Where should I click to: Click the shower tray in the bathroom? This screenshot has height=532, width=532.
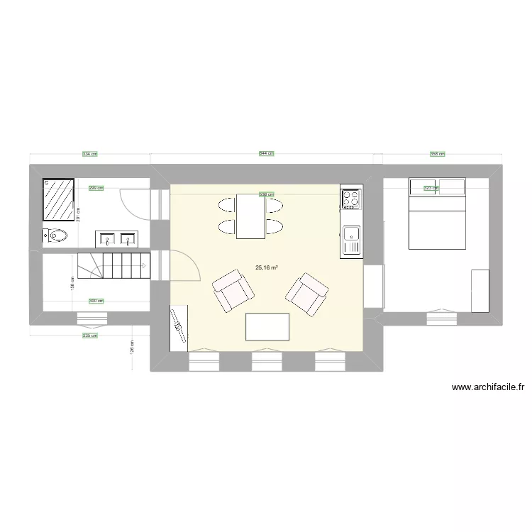pos(59,196)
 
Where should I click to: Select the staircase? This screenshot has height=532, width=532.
pos(113,268)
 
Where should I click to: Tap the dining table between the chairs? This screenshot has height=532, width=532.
pos(250,216)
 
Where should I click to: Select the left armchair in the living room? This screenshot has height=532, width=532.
pos(233,291)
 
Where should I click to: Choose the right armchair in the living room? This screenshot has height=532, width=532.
pos(306,292)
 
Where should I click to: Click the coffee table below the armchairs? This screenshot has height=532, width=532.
pos(267,326)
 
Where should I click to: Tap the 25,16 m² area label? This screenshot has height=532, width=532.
pos(267,267)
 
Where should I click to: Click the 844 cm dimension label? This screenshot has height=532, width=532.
pos(266,153)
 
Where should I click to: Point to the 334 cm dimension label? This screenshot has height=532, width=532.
pos(89,153)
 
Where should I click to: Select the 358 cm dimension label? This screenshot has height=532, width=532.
pos(437,153)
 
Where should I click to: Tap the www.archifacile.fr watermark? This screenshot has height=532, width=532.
pos(489,387)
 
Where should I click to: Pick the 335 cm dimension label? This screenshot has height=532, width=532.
pos(89,336)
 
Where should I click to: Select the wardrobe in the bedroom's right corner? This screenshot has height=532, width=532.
pos(480,290)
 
